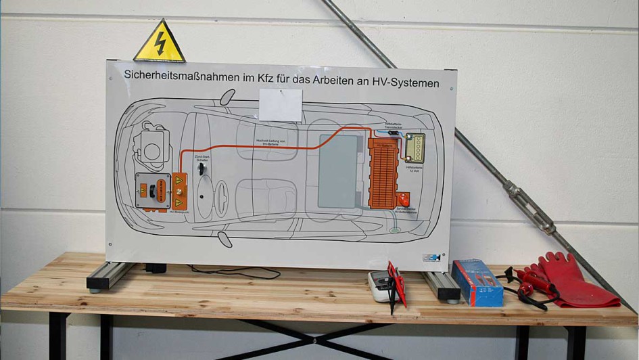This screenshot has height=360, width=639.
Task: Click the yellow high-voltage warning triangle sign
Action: point(160,44)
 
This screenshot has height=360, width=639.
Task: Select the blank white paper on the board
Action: point(281,105)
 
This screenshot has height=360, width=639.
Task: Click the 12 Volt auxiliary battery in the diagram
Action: point(415,148)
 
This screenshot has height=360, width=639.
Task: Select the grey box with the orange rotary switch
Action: point(153,190)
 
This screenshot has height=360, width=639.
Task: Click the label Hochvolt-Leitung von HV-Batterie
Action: point(273,141)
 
